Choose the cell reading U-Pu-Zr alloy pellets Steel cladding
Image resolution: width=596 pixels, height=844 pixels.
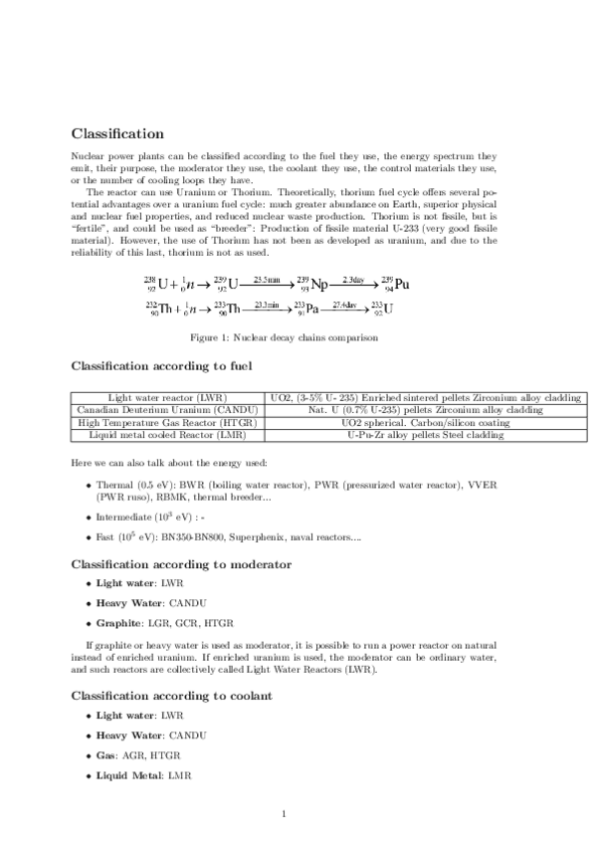425,435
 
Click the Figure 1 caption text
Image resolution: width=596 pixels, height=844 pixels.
298,338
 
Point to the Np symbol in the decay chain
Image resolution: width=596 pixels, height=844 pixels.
319,285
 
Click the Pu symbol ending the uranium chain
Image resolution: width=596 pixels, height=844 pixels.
402,285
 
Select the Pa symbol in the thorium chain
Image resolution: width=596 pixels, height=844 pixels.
311,310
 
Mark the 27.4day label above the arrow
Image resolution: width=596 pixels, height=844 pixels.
345,304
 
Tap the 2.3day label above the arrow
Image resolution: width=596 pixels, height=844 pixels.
355,280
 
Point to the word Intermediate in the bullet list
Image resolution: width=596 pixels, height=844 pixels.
125,518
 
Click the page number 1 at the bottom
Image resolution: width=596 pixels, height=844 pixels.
284,814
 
